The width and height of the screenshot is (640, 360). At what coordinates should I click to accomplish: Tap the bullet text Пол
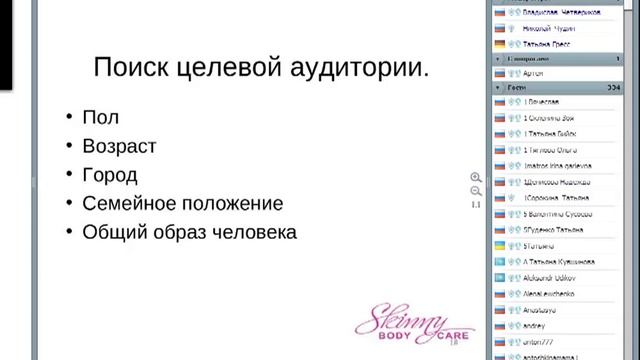(100, 118)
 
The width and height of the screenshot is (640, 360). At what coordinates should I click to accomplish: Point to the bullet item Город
(111, 175)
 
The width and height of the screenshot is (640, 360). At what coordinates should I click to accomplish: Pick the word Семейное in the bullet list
(128, 203)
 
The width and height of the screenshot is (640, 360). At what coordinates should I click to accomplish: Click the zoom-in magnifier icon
(476, 178)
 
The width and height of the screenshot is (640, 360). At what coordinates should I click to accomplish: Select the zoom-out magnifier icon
(476, 191)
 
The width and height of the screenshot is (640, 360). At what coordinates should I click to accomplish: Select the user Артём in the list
(536, 73)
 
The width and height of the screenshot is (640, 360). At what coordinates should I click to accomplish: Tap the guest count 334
(601, 88)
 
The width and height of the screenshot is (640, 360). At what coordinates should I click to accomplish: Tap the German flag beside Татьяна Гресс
(499, 44)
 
